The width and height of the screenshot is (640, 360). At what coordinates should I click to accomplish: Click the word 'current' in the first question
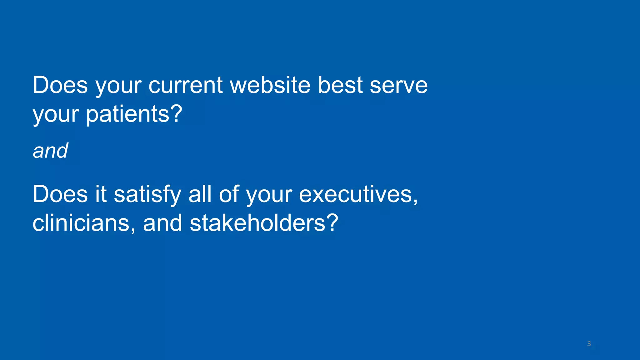pos(186,85)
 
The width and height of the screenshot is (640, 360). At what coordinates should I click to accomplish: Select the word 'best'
pos(340,85)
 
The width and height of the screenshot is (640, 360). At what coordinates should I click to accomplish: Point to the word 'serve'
pos(398,85)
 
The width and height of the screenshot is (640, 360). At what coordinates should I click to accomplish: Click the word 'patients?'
pos(134,114)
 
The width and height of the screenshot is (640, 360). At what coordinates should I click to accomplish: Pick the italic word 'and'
pos(50,151)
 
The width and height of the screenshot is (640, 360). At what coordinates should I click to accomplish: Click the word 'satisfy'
pos(147,195)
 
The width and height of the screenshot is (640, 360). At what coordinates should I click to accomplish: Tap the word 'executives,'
pos(358,195)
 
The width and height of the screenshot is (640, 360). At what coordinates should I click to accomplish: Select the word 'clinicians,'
pos(84,223)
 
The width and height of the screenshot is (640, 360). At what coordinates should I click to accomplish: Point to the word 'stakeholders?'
pos(264,223)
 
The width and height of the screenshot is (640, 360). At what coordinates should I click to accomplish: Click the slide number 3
pos(589,344)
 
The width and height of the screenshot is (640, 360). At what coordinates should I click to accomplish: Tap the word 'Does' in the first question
pos(60,85)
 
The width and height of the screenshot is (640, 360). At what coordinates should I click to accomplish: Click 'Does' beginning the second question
pos(60,195)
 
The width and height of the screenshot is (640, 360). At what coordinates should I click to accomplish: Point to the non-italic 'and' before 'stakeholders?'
pos(162,223)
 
